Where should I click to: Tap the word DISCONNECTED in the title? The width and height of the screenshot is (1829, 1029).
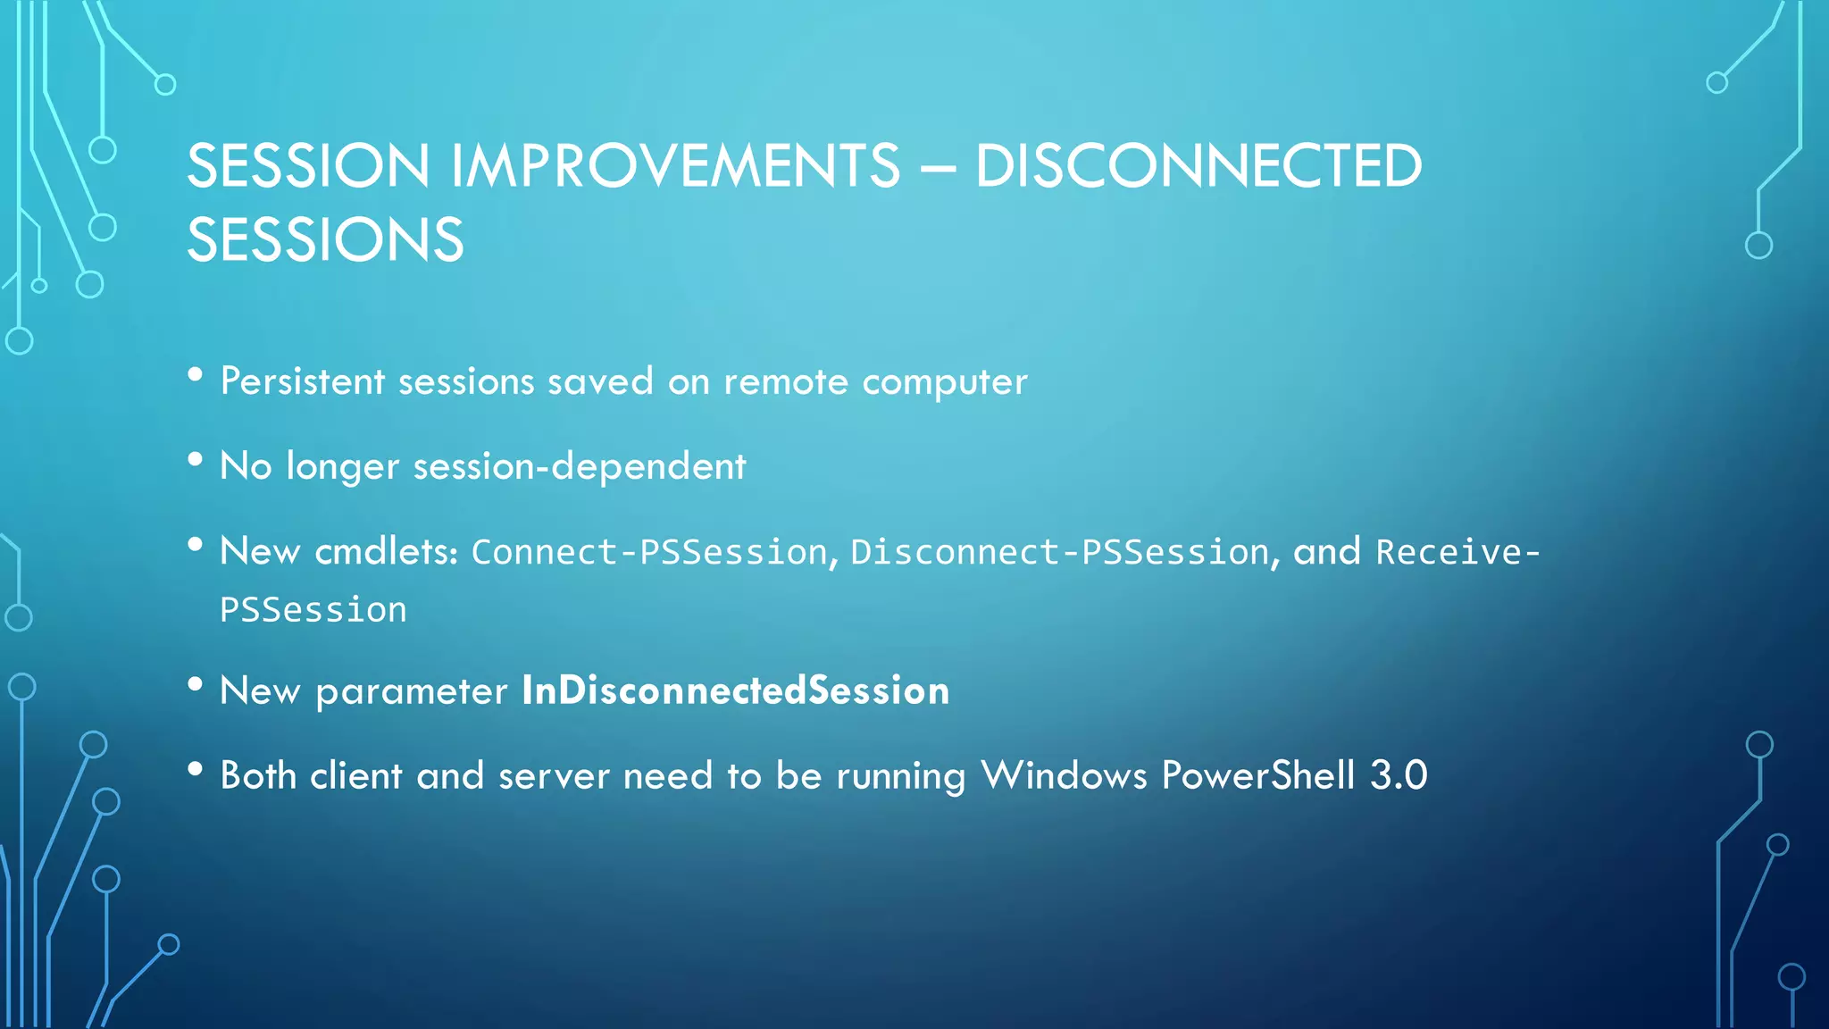[1198, 166]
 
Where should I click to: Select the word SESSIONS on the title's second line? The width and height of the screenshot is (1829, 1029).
[325, 239]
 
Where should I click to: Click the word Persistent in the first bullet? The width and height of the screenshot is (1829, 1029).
[303, 381]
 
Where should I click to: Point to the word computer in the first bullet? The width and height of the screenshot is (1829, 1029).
[944, 382]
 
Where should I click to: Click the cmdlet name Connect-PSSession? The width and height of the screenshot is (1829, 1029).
[650, 552]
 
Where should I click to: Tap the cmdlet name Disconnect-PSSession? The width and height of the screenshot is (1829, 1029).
[1060, 552]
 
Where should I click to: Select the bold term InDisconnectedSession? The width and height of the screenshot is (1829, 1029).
[735, 690]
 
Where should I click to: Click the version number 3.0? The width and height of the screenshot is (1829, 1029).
[1399, 774]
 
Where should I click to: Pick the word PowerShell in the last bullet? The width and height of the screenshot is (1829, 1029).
[1257, 774]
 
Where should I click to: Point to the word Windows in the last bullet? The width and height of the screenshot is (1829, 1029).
[1064, 774]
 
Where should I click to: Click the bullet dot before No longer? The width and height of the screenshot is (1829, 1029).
[196, 460]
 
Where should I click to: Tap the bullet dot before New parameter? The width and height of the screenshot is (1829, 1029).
[196, 685]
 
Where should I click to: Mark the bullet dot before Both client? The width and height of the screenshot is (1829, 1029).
[196, 769]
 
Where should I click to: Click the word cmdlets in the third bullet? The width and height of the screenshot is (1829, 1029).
[386, 551]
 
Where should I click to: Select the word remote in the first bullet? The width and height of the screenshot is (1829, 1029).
[786, 382]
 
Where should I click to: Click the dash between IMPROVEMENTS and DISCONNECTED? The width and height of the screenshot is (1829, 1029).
[938, 166]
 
